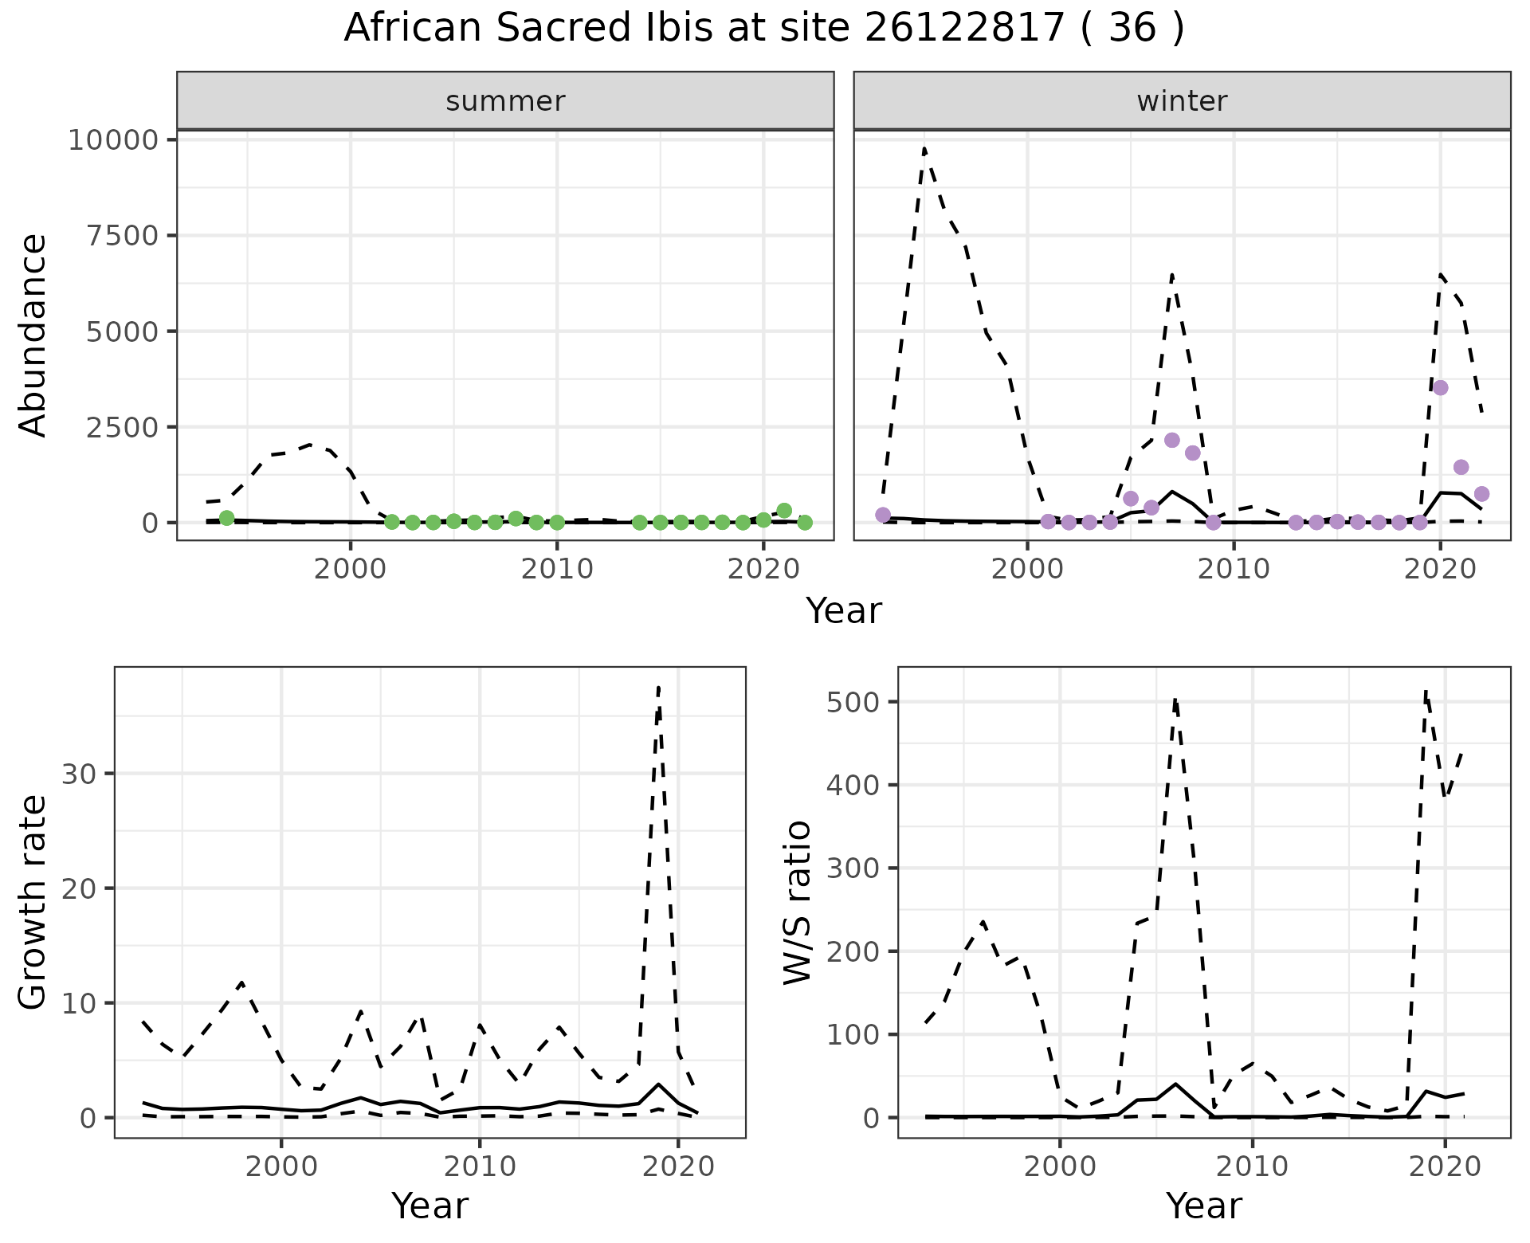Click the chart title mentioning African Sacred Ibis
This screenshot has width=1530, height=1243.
763,29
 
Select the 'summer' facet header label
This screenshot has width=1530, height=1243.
505,101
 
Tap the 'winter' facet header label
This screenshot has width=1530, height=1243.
1182,101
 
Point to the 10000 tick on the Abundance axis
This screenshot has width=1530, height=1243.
114,140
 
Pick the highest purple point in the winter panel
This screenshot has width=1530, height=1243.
1440,388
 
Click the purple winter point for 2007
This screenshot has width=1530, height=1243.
1171,441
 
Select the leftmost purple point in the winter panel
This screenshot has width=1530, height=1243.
883,515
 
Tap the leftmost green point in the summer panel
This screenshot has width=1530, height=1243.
226,518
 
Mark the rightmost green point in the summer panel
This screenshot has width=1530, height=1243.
805,522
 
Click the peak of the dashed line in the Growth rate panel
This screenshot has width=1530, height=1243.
658,687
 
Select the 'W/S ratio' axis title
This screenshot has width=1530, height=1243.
798,902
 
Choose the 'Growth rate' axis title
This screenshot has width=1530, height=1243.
33,902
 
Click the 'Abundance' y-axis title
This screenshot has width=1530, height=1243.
33,335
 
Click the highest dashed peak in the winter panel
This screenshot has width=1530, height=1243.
924,148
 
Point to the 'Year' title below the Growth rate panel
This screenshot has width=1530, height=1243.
430,1206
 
